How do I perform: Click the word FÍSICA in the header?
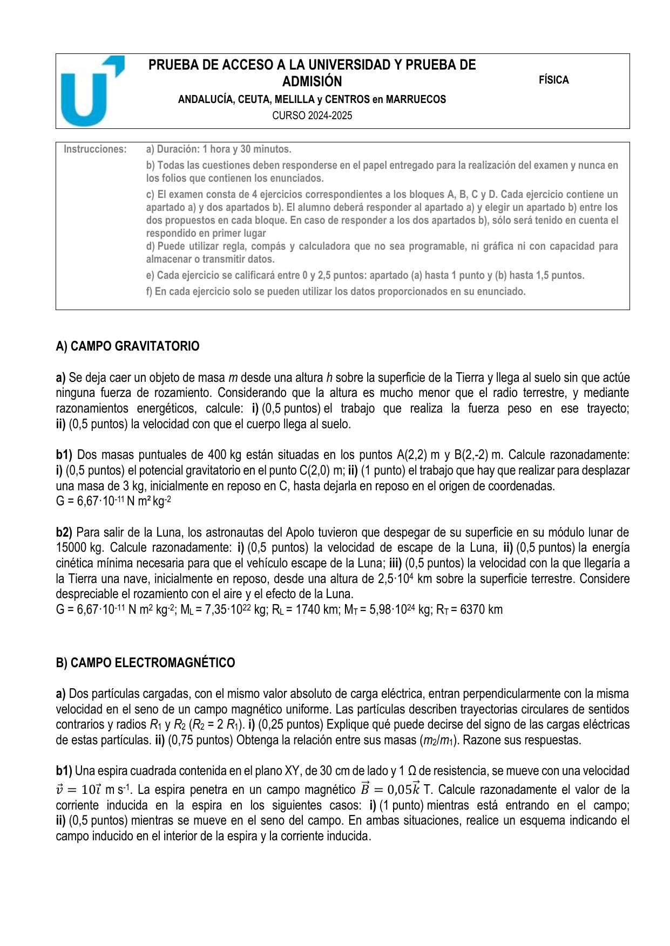pos(553,80)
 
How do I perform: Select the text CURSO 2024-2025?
pos(312,115)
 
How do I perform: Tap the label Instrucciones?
pos(95,149)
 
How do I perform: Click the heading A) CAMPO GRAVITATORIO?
pos(127,346)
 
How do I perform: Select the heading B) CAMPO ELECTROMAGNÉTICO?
pos(145,663)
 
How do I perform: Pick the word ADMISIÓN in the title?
pos(312,81)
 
